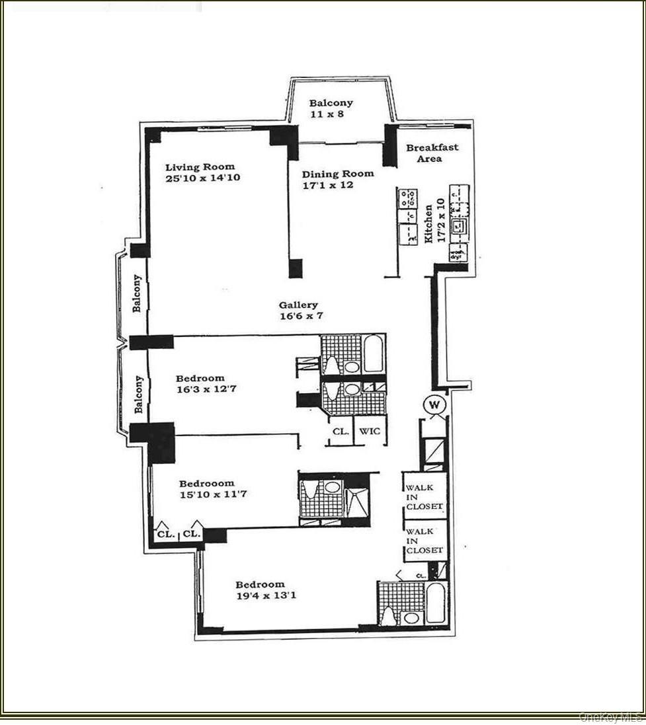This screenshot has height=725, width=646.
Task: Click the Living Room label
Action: point(200,167)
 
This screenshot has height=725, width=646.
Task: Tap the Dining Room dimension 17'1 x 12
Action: point(328,185)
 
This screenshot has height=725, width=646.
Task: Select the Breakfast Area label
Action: point(432,153)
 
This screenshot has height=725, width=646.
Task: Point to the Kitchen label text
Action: point(428,223)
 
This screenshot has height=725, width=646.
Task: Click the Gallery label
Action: point(298,305)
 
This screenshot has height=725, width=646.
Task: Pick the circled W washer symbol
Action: point(436,404)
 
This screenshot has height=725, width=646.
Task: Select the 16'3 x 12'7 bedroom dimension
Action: point(206,389)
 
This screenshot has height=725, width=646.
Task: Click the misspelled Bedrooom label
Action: point(206,483)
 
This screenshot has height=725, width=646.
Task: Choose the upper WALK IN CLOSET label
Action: point(424,497)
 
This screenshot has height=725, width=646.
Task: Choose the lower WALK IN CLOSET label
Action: point(424,541)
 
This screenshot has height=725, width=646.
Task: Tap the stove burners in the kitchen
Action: point(407,196)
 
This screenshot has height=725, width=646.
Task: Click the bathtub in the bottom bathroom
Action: point(436,602)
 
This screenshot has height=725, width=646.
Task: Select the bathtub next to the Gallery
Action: point(374,354)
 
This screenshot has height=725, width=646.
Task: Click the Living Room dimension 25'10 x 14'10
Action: point(200,178)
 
